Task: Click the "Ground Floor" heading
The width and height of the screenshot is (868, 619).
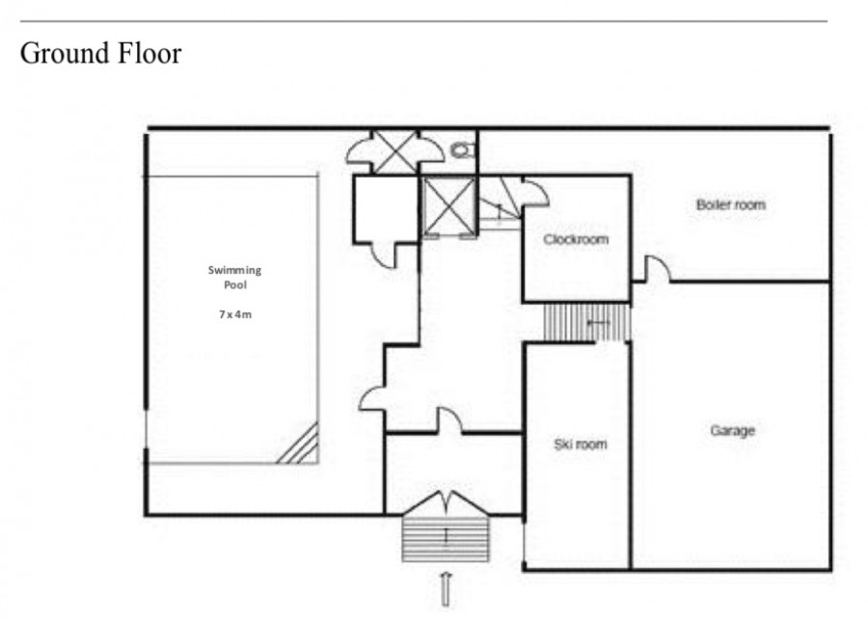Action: click(x=100, y=54)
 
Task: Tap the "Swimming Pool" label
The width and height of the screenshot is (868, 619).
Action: click(x=234, y=277)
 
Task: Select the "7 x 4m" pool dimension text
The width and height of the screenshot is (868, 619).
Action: click(x=235, y=314)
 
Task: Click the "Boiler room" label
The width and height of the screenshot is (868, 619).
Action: click(x=731, y=204)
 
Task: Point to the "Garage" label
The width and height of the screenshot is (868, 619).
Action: click(x=732, y=430)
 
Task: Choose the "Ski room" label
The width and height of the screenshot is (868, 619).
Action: click(x=581, y=444)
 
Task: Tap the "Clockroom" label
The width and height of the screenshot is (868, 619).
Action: click(x=576, y=239)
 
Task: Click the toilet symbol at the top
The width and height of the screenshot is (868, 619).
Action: click(x=463, y=149)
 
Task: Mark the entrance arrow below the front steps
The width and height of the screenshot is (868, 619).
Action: click(x=446, y=589)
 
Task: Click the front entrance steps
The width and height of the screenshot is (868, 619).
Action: click(x=446, y=539)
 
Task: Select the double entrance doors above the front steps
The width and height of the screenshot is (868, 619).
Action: click(x=447, y=502)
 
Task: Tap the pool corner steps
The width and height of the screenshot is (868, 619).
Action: click(x=300, y=444)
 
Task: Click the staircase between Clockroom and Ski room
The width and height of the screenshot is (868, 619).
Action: click(x=586, y=322)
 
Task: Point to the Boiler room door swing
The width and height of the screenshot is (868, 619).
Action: click(x=657, y=269)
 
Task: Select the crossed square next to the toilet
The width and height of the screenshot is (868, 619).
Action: click(x=395, y=151)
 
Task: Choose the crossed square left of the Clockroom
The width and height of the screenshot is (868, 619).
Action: click(x=448, y=206)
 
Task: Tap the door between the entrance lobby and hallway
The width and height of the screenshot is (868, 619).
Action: click(x=450, y=419)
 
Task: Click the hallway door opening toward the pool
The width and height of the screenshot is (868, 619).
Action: click(x=372, y=399)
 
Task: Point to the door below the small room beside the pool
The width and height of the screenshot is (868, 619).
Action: click(x=384, y=256)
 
